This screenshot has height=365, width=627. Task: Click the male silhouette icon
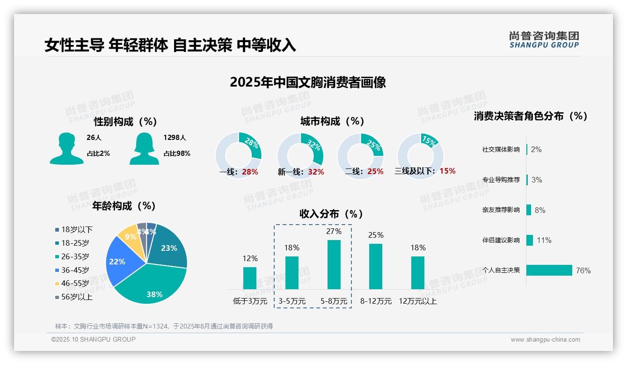67,148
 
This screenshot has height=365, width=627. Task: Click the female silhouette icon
144,148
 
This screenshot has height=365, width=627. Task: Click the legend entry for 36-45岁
75,270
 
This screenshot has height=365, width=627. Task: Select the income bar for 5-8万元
334,264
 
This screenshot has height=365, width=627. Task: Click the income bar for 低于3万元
250,278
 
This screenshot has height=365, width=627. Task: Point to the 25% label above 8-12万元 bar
376,235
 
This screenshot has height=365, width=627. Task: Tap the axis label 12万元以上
417,301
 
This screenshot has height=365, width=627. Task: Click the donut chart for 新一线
300,155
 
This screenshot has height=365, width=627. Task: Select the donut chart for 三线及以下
420,155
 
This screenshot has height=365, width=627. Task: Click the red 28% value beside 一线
250,172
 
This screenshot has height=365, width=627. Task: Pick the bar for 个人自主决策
549,270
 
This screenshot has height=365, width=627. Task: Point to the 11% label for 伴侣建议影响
544,240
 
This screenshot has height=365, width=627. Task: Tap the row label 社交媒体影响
501,150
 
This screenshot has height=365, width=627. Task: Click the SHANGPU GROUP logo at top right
544,40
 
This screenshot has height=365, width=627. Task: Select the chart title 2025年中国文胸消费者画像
308,82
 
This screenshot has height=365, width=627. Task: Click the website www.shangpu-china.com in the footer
545,340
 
